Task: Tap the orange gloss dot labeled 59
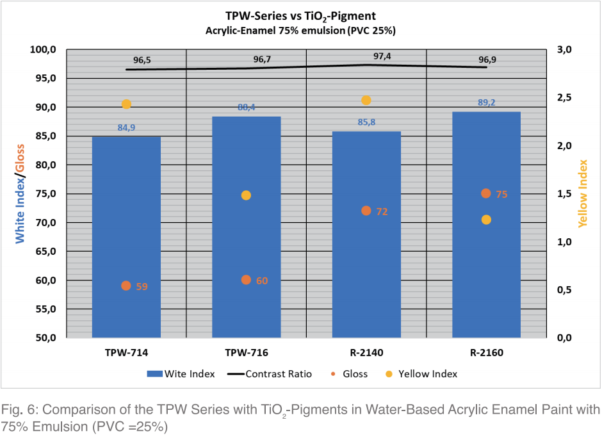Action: tap(126, 286)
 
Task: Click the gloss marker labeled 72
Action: tap(366, 211)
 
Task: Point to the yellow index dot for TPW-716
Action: tap(247, 195)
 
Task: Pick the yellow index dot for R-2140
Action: tap(366, 100)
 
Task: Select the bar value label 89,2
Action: tap(486, 102)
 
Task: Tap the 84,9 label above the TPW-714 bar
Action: tap(126, 127)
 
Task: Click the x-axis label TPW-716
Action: tap(247, 352)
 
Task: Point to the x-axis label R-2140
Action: tap(366, 352)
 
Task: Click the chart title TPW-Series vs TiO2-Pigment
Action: tap(300, 16)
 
